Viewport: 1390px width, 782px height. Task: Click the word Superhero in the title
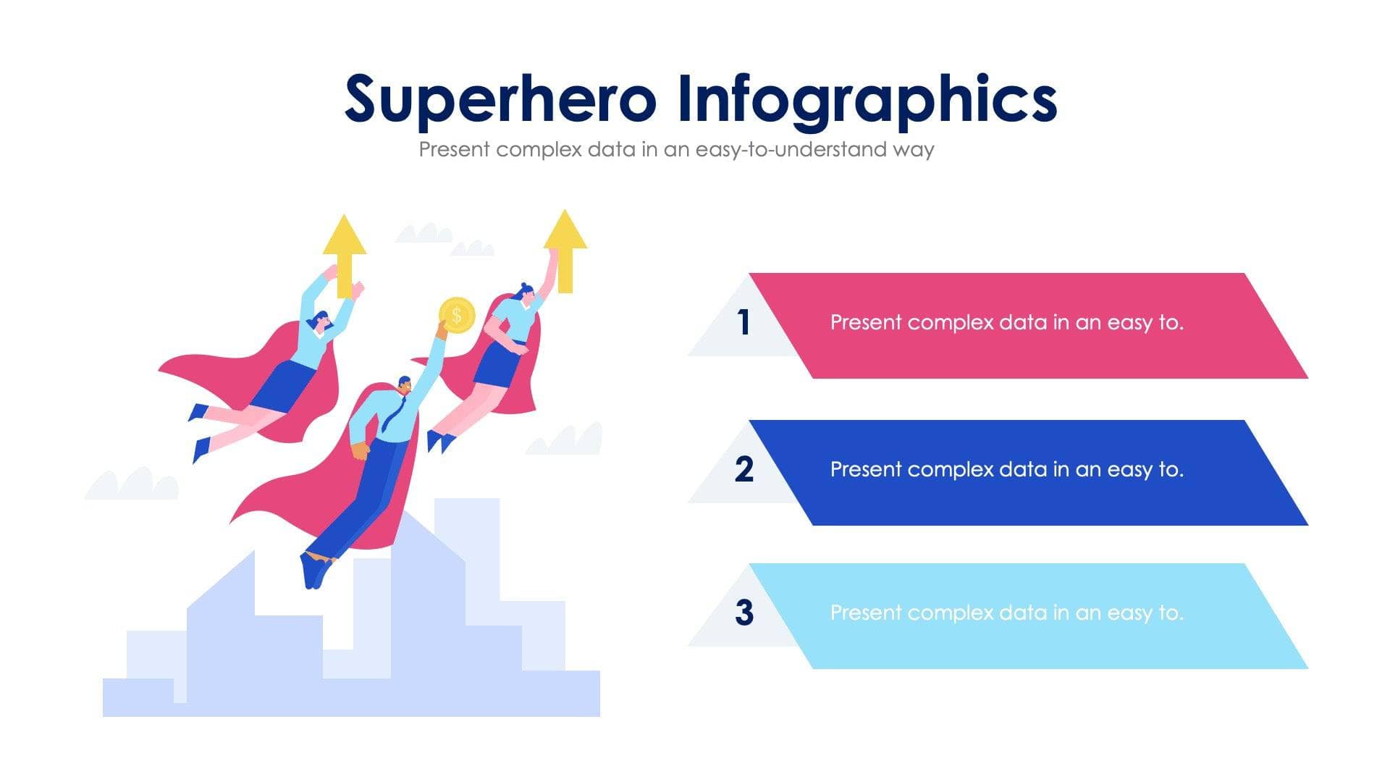(x=500, y=99)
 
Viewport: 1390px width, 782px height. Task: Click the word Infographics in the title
(x=867, y=99)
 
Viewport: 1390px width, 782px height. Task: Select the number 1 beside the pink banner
(x=744, y=323)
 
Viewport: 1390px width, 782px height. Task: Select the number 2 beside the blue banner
(x=744, y=469)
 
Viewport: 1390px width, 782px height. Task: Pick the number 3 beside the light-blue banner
(x=744, y=613)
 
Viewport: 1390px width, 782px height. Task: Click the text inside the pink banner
(x=1006, y=323)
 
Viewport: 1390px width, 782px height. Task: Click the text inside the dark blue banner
(x=1006, y=470)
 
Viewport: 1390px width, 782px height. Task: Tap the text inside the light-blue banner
(x=1006, y=613)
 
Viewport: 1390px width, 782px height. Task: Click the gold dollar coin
(x=457, y=316)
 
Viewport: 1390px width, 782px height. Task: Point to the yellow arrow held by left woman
(x=345, y=250)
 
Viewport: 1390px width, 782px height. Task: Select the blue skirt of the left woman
(x=284, y=386)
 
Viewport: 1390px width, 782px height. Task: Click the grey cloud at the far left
(x=132, y=484)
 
